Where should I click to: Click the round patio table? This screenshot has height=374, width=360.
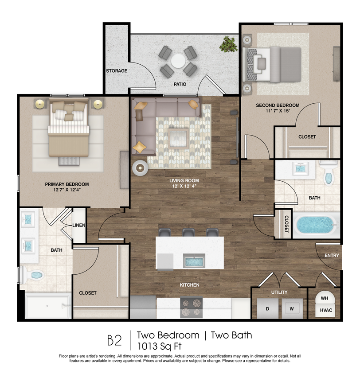tap(178, 61)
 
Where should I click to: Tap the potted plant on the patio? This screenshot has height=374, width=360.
tap(228, 44)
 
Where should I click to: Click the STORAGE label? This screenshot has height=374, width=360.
tap(117, 71)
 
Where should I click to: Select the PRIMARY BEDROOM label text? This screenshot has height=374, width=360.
tap(67, 184)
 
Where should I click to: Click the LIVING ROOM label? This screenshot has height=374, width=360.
tap(184, 181)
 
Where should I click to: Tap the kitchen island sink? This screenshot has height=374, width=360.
tap(194, 261)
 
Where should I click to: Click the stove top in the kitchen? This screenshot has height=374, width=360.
tap(192, 307)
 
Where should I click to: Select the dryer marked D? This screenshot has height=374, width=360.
tap(267, 308)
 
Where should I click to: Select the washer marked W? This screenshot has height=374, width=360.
tap(292, 308)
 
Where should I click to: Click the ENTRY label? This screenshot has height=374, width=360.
tap(332, 256)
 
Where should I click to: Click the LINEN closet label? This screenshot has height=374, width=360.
tap(79, 226)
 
